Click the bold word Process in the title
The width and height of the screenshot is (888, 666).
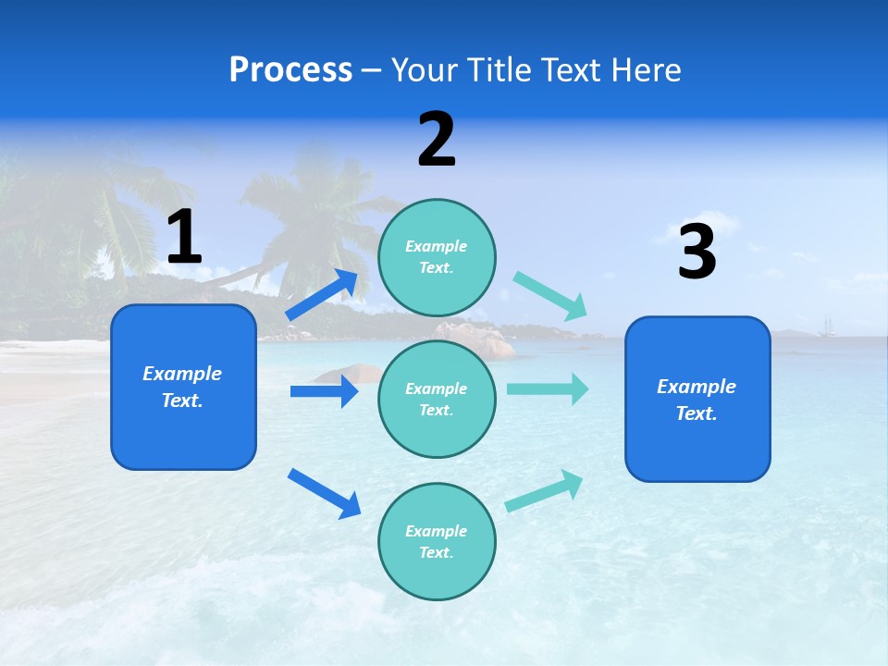click(290, 70)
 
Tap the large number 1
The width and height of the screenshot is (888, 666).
click(184, 237)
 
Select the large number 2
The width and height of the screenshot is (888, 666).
click(437, 140)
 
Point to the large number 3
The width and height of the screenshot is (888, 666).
click(697, 252)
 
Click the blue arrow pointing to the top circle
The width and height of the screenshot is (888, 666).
click(323, 294)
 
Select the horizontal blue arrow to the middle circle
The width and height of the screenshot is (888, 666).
click(324, 391)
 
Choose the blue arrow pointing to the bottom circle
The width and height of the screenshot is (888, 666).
click(324, 493)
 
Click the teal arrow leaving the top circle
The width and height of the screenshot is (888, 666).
click(550, 296)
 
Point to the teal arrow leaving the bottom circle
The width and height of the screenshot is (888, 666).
click(545, 490)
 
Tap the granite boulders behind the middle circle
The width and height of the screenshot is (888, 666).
click(481, 339)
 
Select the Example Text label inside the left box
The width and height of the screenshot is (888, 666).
click(182, 387)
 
